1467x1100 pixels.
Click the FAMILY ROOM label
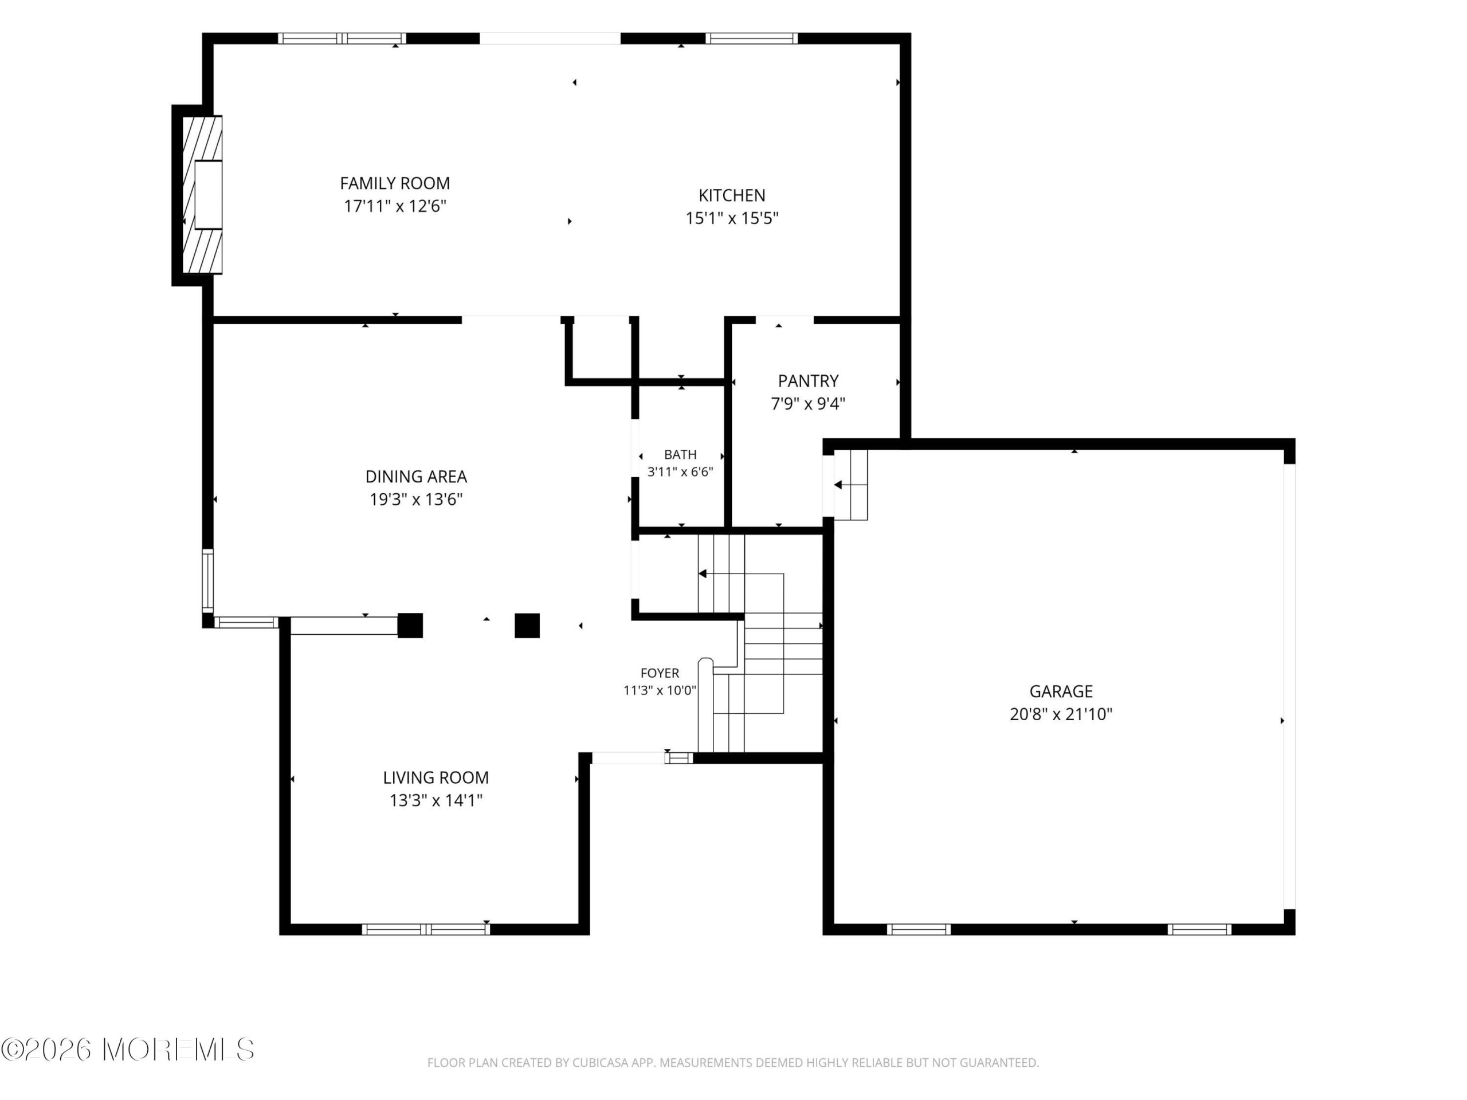click(x=395, y=183)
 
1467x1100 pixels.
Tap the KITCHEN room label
click(x=732, y=195)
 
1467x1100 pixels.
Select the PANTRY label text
click(x=808, y=380)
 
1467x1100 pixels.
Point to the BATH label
click(x=680, y=454)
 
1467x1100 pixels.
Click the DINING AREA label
click(x=416, y=476)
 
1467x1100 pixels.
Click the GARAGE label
click(x=1061, y=691)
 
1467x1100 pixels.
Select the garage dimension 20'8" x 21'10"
click(x=1061, y=713)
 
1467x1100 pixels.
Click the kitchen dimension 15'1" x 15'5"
click(x=732, y=218)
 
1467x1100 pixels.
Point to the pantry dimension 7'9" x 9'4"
click(x=808, y=403)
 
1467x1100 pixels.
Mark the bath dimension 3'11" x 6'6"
click(x=680, y=472)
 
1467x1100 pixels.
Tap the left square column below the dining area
click(x=410, y=625)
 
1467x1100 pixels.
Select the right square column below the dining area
click(x=527, y=625)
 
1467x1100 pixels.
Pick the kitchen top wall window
click(x=751, y=38)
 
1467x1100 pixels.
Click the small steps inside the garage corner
click(x=850, y=485)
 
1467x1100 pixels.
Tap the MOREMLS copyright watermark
click(x=127, y=1049)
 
